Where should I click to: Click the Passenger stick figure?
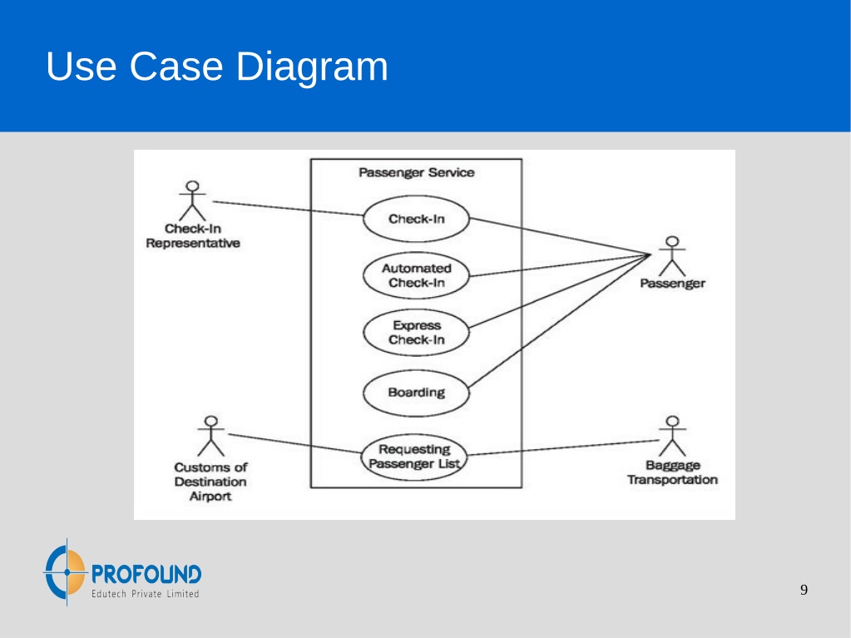(x=672, y=256)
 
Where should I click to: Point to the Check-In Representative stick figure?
(x=193, y=200)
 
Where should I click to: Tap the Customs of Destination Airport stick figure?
(x=211, y=436)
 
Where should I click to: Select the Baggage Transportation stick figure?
(x=672, y=436)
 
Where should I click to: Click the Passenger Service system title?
(x=416, y=172)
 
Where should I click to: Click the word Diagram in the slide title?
(x=312, y=67)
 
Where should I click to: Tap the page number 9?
(x=804, y=590)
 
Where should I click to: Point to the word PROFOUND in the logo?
(x=146, y=574)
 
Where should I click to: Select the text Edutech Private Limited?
(x=145, y=594)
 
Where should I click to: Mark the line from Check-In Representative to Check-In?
(x=288, y=208)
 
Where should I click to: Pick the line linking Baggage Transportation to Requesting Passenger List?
(x=563, y=448)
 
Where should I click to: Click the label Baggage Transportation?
(x=672, y=472)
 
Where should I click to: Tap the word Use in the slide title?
(x=81, y=67)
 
